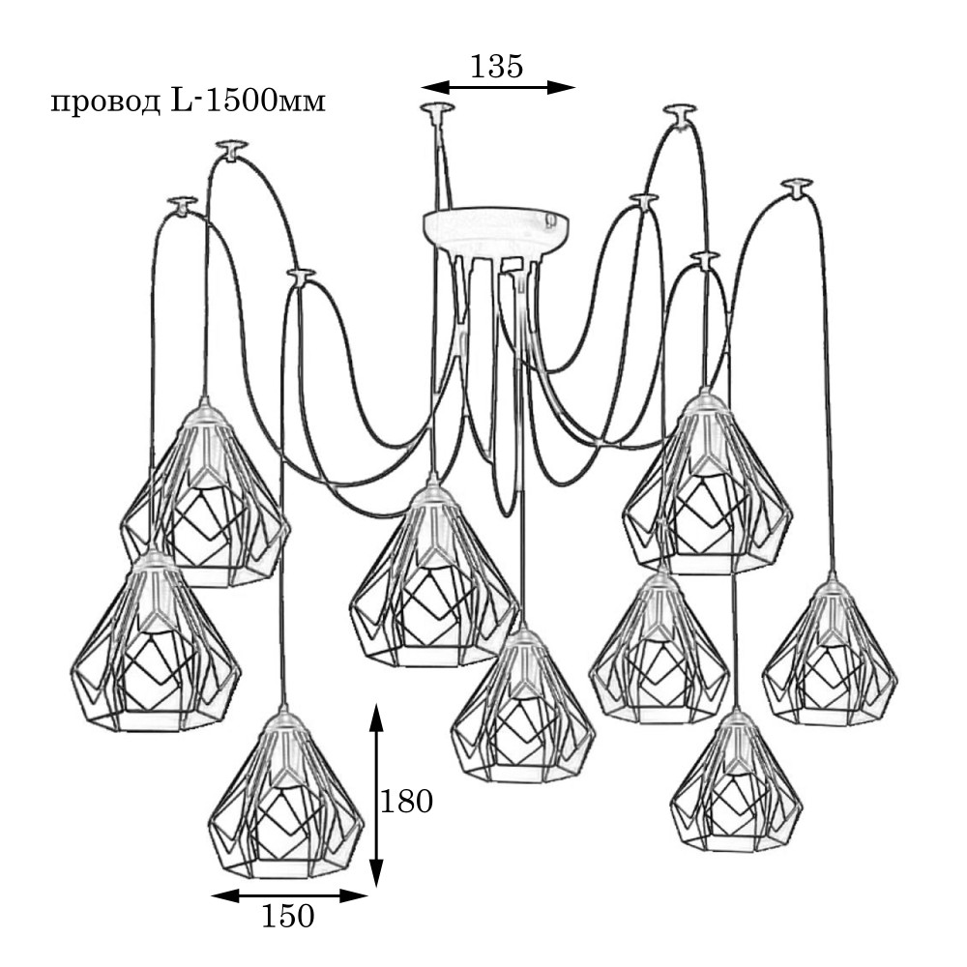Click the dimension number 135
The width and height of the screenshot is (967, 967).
[496, 66]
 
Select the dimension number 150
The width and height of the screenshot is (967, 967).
[288, 916]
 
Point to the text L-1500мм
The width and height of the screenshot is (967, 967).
[248, 101]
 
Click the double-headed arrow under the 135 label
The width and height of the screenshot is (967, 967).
[498, 87]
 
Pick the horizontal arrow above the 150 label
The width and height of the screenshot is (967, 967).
[289, 895]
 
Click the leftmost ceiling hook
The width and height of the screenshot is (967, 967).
[182, 204]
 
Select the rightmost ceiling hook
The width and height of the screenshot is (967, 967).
[797, 186]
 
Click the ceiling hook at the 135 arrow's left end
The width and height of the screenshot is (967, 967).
[437, 109]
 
